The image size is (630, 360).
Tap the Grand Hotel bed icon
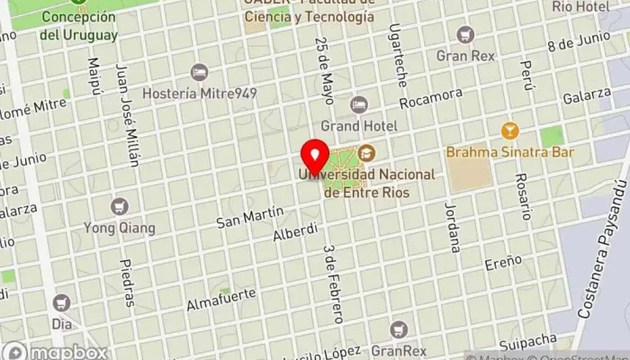pos(359,103)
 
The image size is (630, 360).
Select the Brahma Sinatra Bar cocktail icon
pos(508,131)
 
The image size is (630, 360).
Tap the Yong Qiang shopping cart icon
pos(119,206)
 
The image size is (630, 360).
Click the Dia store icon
pos(61,302)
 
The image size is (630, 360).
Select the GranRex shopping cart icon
pos(399,330)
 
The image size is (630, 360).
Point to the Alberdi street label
pos(295,233)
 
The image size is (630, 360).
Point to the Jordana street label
pos(451,225)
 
